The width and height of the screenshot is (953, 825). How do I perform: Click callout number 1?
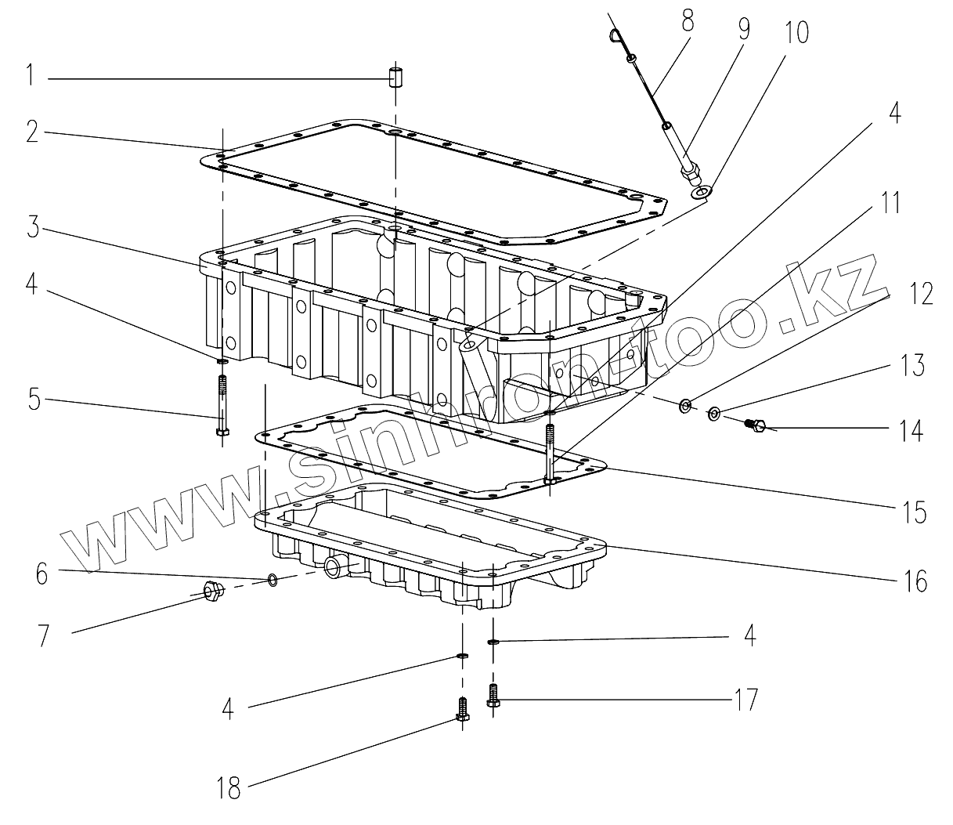tap(29, 76)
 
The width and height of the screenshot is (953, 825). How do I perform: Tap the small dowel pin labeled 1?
tap(396, 78)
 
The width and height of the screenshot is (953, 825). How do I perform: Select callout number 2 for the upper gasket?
tap(32, 132)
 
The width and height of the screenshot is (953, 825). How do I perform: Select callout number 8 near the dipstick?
tap(687, 21)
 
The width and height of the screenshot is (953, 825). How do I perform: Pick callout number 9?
tap(742, 29)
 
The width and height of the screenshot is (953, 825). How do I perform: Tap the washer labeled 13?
tap(715, 413)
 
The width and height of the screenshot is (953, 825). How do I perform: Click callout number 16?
tap(914, 581)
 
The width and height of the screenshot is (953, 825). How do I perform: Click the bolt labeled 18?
tap(462, 709)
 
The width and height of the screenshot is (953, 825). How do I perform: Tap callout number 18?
tap(228, 787)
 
